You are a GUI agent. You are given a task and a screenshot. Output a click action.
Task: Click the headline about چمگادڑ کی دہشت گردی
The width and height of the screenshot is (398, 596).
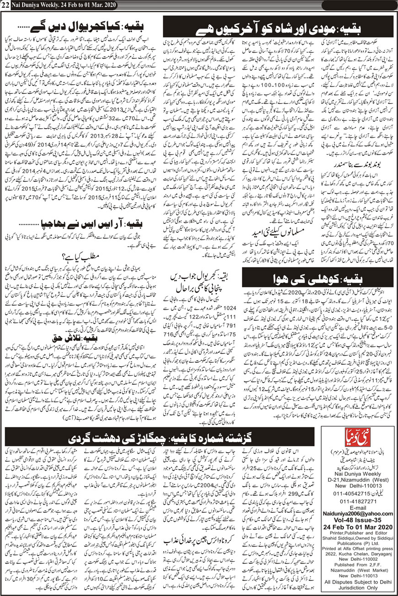coord(199,438)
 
